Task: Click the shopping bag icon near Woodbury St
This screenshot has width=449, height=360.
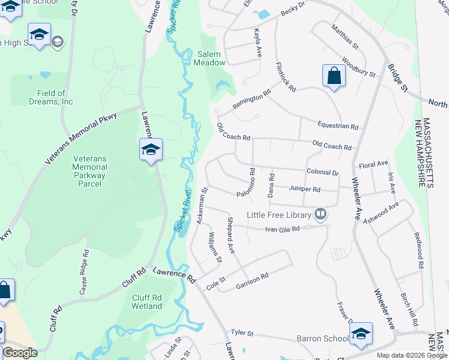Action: pos(333,76)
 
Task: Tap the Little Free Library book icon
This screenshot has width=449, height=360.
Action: pos(321,215)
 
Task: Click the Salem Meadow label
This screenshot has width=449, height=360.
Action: pos(211,58)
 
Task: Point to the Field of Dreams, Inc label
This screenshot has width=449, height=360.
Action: pos(50,97)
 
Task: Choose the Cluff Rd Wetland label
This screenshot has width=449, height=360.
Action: pos(147,302)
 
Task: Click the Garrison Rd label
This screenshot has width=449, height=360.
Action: pos(252,278)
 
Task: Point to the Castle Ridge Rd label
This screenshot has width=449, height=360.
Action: pos(85,273)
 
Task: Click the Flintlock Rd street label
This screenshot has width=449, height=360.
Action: pos(286,77)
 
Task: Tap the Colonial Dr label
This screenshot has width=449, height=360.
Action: pos(322,172)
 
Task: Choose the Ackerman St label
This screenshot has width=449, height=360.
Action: pos(202,206)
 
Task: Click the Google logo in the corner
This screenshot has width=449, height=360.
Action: pos(20,353)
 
